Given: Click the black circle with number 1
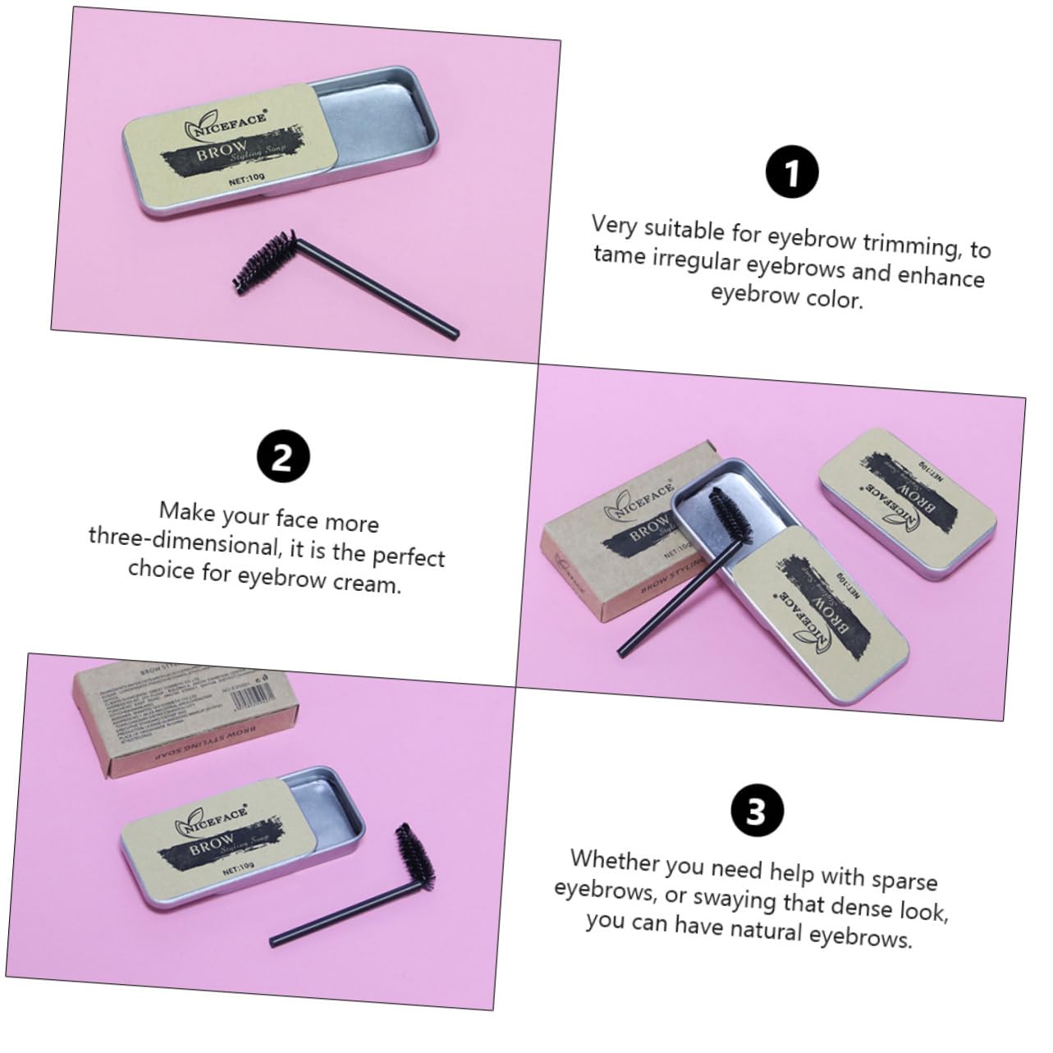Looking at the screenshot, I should [792, 173].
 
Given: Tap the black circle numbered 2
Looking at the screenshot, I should [282, 457].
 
